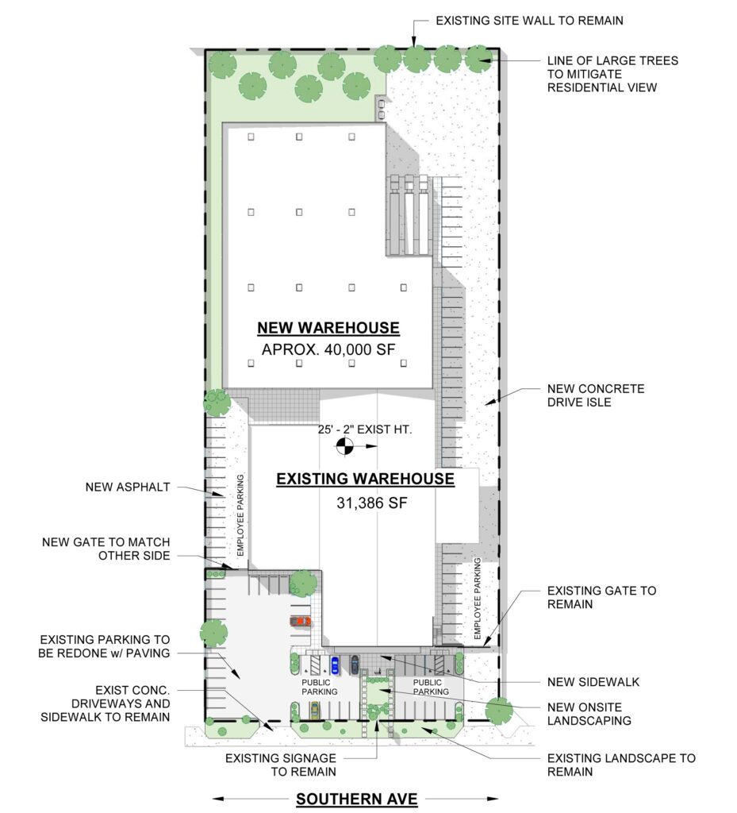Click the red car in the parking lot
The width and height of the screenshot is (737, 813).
coord(301,621)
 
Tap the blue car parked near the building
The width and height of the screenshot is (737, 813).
coord(335,665)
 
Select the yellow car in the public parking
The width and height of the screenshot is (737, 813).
coord(314,708)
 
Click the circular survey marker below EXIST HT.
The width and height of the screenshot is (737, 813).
coord(344,448)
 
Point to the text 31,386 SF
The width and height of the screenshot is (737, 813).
coord(364,502)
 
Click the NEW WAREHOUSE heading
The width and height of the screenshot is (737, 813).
coord(328,328)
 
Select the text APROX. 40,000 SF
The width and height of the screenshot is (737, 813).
coord(328,350)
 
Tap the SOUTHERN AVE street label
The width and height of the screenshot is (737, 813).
coord(356,799)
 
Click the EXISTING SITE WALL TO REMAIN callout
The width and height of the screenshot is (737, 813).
coord(529,21)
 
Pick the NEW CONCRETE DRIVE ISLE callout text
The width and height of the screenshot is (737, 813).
coord(596,396)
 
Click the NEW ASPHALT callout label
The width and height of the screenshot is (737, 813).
coord(128,487)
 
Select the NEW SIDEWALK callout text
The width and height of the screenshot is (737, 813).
coord(593,682)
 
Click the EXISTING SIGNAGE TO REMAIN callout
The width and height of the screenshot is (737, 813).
coord(280,765)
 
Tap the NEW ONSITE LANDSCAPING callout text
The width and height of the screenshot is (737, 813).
coord(589,714)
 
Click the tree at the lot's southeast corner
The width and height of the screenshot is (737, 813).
coord(500,710)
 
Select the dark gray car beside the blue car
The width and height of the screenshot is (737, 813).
coord(355,665)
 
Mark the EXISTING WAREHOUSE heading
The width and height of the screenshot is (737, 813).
coord(364,479)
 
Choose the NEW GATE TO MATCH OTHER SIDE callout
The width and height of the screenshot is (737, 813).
coord(106,549)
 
